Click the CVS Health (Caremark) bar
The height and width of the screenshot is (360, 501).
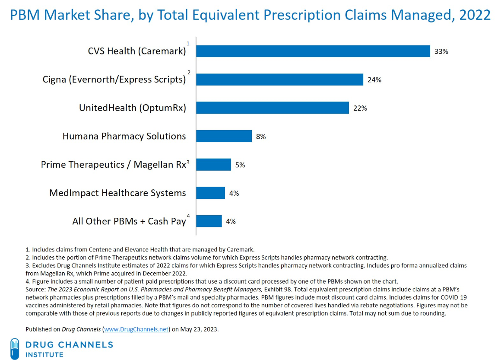(x=313, y=51)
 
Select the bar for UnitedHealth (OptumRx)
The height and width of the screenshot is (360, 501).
(x=273, y=108)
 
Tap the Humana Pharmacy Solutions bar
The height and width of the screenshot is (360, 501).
(x=224, y=136)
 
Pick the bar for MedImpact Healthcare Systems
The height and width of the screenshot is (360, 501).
(x=210, y=193)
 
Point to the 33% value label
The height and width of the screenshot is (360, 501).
(x=441, y=51)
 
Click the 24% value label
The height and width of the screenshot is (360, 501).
(x=374, y=80)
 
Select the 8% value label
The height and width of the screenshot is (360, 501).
(x=260, y=137)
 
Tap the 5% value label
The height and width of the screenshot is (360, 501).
(x=240, y=165)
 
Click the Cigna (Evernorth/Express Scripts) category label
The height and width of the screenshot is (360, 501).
(x=114, y=80)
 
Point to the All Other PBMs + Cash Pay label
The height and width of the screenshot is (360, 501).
(x=129, y=221)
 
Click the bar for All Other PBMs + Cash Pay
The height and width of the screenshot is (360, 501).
(x=209, y=221)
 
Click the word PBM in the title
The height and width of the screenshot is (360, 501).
(x=24, y=15)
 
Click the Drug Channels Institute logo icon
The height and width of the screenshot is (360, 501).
(x=15, y=348)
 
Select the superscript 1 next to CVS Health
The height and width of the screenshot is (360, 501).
(x=188, y=43)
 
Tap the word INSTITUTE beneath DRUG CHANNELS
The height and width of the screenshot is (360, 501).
(x=44, y=354)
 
